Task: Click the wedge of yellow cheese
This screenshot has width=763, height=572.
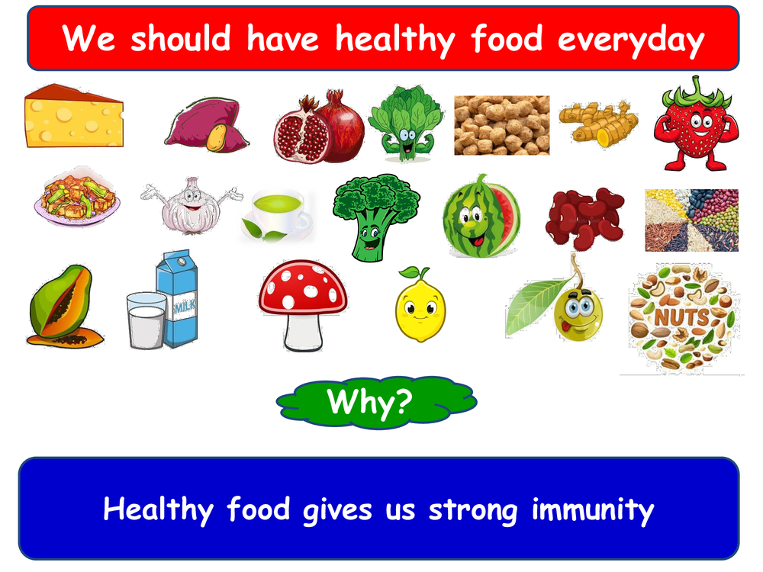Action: point(74,117)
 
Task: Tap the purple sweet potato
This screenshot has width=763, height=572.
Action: point(207,125)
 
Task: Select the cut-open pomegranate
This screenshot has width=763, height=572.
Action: point(319,127)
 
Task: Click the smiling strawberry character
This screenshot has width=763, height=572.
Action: point(697,124)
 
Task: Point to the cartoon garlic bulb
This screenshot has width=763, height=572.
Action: point(192,206)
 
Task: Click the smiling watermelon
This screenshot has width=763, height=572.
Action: point(481,217)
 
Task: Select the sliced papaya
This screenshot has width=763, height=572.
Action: point(63,307)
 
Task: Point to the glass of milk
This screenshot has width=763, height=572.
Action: point(146,320)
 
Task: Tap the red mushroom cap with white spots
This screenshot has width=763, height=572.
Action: point(303,288)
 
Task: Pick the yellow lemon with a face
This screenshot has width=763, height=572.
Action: point(420,306)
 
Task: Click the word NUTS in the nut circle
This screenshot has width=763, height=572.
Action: point(681,317)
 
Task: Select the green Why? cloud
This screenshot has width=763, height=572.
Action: point(376,402)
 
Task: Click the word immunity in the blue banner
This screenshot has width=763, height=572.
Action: point(593,511)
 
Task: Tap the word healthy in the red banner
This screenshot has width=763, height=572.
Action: point(395,40)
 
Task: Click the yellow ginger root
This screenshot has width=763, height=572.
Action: point(598,123)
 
